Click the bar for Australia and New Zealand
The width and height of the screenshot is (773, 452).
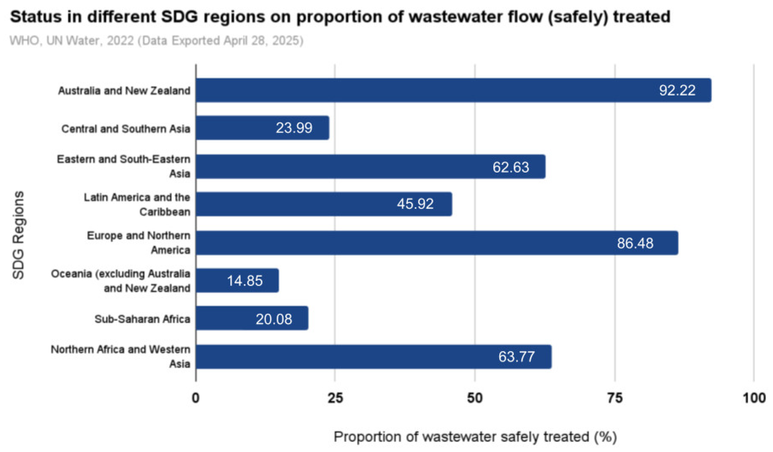point(429,90)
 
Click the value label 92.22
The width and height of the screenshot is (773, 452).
point(677,90)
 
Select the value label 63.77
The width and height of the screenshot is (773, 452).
point(517,357)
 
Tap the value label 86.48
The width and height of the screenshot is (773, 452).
point(635,243)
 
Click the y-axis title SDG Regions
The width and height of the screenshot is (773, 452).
point(18,235)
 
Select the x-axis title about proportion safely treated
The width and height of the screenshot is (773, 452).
point(475,437)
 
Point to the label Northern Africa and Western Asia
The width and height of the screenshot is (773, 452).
point(120,357)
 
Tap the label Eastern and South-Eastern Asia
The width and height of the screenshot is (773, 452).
point(124,166)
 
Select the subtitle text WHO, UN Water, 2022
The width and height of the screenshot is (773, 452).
point(72,40)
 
